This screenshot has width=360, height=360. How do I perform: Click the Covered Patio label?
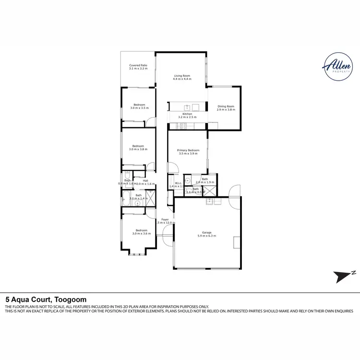coord(138,65)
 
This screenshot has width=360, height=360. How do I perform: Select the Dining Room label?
coord(225,107)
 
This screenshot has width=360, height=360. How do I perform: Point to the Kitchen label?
coord(187,114)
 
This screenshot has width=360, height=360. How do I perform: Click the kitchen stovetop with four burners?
coord(182,126)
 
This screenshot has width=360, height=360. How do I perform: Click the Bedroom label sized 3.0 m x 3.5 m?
coord(139,105)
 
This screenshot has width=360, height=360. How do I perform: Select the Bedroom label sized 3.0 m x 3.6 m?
coord(141,230)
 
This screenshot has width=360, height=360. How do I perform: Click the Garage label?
coord(207,233)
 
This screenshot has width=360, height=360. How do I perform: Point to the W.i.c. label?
coord(177,182)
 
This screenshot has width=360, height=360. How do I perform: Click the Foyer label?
coord(165,219)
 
